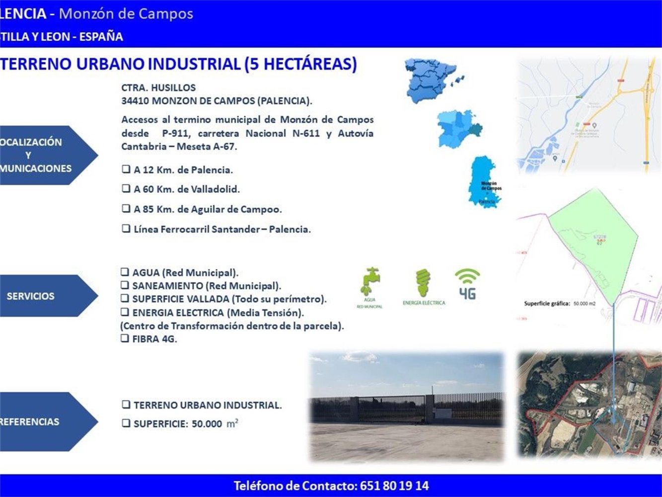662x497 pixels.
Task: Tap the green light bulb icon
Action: (x=423, y=283)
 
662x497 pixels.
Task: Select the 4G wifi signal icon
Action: (x=467, y=284)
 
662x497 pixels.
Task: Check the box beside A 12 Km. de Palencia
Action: (x=126, y=169)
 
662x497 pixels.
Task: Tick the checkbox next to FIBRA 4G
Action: (x=125, y=338)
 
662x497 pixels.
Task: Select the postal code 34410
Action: (x=135, y=101)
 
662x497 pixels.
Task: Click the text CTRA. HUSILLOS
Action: (x=158, y=87)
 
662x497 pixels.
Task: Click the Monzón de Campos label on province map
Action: (x=491, y=186)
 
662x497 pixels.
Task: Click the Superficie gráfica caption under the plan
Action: (x=546, y=303)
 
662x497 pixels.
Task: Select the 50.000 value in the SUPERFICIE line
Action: (x=207, y=424)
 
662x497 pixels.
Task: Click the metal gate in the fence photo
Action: (x=392, y=409)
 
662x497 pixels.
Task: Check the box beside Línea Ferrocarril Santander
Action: (x=126, y=229)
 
